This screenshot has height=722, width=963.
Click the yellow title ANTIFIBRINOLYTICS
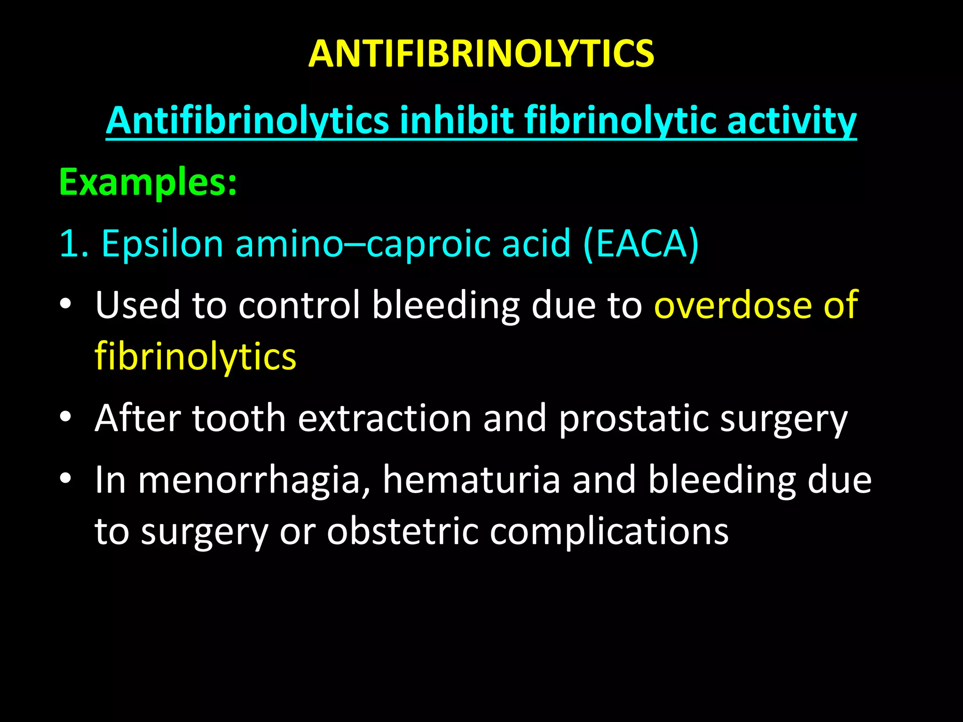[481, 54]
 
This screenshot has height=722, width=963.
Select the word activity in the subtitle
[792, 121]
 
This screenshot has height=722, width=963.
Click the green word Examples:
[148, 182]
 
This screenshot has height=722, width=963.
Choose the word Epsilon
[162, 244]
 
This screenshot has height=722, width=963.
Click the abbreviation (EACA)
[641, 244]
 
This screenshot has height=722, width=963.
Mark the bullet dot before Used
[65, 304]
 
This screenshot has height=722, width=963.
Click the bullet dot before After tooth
[65, 416]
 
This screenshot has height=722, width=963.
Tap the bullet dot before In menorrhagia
[65, 479]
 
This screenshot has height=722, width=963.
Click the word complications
[609, 532]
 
